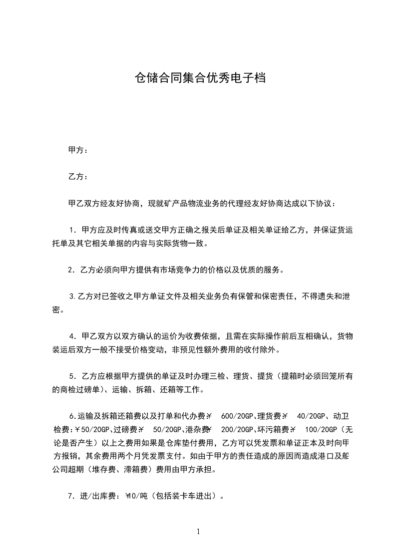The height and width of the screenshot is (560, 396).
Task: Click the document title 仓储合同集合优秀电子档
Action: click(x=200, y=78)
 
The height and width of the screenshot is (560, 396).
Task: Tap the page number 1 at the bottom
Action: click(x=198, y=532)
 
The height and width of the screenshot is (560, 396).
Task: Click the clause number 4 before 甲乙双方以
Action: click(x=72, y=336)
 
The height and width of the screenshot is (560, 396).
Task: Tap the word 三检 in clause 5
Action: click(x=218, y=376)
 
